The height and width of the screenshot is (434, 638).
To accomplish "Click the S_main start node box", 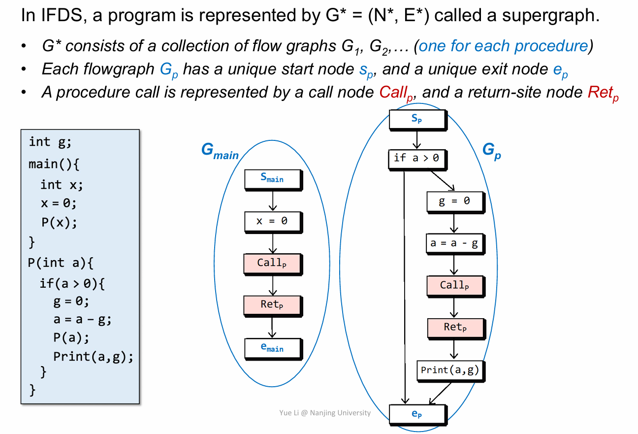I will [273, 179].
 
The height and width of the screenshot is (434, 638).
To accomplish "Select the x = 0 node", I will [273, 222].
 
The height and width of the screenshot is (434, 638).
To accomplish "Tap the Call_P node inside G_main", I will [272, 264].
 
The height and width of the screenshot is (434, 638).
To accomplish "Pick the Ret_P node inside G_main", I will [272, 305].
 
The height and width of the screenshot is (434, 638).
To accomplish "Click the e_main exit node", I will [273, 348].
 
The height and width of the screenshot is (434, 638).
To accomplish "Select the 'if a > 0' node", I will [417, 159].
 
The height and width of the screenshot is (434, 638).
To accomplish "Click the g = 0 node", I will [454, 201].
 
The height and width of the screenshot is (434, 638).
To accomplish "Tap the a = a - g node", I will [454, 243].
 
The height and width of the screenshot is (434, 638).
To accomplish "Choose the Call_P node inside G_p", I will [454, 285].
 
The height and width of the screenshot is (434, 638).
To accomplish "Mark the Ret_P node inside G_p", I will [454, 328].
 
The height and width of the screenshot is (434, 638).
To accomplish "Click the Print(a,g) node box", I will [450, 370].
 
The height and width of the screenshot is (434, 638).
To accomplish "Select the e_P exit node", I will [417, 414].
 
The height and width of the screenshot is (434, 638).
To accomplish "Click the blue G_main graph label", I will [220, 151].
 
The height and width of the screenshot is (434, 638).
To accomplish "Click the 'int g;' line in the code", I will [50, 142].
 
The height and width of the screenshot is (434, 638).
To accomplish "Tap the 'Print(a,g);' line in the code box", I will [94, 356].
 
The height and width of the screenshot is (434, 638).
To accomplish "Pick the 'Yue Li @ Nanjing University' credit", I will [324, 413].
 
